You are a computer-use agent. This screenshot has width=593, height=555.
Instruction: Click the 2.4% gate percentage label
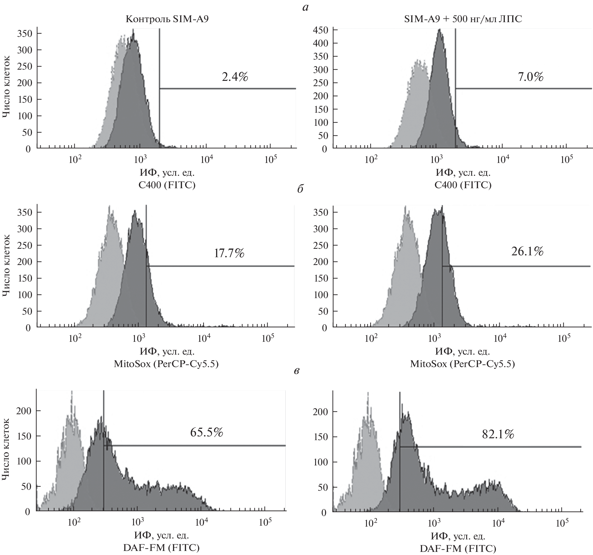(235, 77)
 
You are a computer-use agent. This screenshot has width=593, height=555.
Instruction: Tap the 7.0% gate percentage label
(531, 77)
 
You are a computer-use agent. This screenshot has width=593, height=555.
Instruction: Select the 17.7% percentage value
(229, 253)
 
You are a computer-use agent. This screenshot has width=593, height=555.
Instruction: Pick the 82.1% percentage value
(498, 434)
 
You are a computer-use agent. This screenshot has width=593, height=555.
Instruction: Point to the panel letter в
(297, 371)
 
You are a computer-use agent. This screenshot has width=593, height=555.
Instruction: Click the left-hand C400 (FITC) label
(167, 185)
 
